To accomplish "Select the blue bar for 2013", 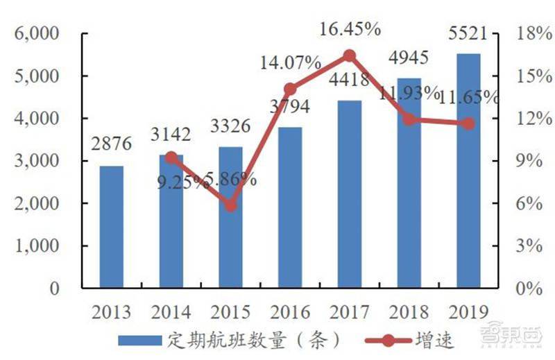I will point(111,227).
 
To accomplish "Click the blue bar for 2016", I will point(290,207).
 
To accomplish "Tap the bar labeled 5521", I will point(469,171).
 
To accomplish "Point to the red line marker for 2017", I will point(350,56).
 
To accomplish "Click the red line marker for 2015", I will point(231,205).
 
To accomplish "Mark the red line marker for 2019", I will point(469,123).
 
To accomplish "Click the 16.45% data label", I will point(350,29).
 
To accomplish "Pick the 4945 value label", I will point(409,57).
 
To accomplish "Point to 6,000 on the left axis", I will point(40,34).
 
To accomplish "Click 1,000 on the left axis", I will point(40,246).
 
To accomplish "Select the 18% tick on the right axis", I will point(529,34).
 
